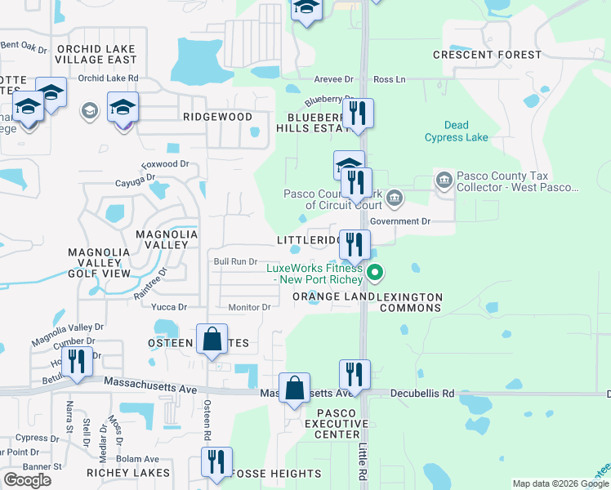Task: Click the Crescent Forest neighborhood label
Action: click(x=487, y=55)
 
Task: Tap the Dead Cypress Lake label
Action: click(x=457, y=131)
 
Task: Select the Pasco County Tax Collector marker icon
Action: click(x=444, y=180)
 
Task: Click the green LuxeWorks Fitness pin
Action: click(x=375, y=273)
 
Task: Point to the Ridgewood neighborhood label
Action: click(x=217, y=117)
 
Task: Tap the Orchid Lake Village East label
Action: click(x=96, y=53)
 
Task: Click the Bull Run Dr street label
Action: click(x=235, y=261)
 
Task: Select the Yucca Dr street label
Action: click(x=169, y=307)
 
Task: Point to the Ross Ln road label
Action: click(x=389, y=79)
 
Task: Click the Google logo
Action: click(x=27, y=480)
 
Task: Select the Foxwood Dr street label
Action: click(x=165, y=164)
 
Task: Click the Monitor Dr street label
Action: click(x=249, y=307)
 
